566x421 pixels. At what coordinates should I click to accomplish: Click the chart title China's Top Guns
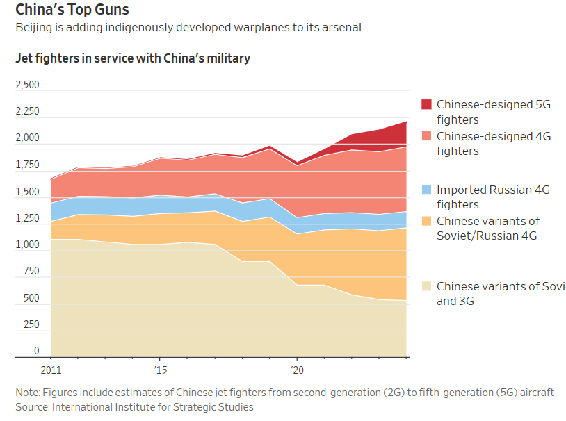(72, 10)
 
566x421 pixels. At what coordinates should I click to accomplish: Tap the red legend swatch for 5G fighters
(426, 104)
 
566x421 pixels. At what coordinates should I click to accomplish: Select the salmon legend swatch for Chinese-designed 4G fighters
(426, 136)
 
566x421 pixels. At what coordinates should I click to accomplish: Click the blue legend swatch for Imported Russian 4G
(426, 189)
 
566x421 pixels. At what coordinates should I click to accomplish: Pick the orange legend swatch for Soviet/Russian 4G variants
(426, 221)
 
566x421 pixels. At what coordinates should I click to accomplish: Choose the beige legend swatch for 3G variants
(426, 286)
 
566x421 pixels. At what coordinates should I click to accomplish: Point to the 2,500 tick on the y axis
(28, 85)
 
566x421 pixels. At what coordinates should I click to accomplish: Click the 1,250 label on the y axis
(28, 218)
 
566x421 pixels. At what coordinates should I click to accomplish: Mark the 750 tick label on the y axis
(31, 272)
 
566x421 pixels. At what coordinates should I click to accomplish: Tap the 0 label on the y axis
(37, 352)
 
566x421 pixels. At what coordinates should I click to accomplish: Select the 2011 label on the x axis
(51, 370)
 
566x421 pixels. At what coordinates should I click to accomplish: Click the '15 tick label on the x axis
(160, 370)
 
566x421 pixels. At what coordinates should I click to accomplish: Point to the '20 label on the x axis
(296, 370)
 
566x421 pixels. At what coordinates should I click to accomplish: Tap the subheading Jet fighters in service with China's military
(133, 58)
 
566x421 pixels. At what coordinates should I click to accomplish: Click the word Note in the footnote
(28, 393)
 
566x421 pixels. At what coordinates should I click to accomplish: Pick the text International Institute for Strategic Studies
(153, 407)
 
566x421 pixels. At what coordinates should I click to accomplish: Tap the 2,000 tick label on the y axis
(28, 138)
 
